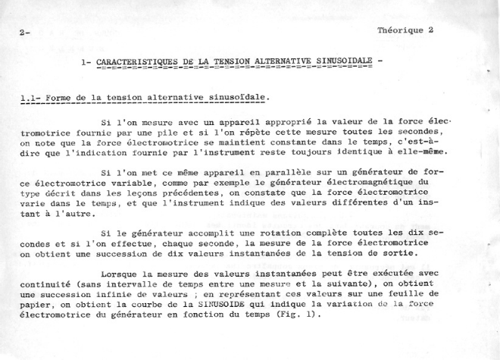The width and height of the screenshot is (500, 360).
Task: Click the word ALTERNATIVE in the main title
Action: [x=283, y=64]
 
